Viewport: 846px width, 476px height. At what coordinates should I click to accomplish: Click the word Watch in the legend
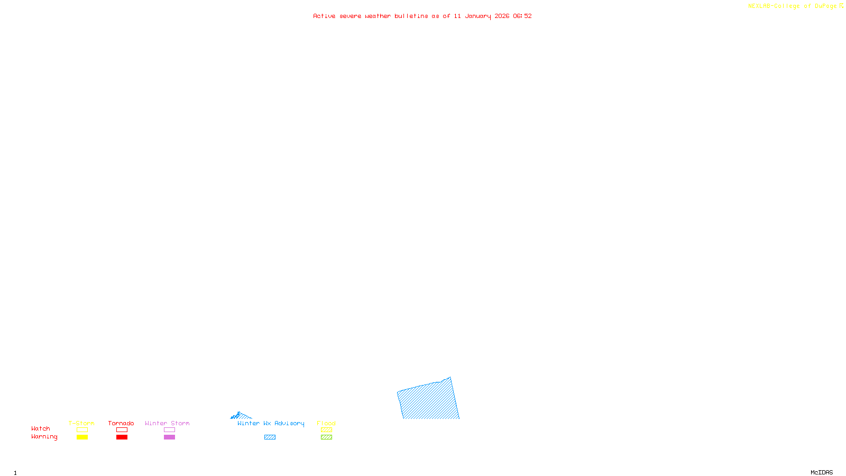pos(41,428)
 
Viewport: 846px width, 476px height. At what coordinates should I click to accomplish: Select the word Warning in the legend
pos(44,437)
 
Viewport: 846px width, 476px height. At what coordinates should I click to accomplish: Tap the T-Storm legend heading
pos(81,423)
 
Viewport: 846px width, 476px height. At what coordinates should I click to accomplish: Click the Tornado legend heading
pos(121,423)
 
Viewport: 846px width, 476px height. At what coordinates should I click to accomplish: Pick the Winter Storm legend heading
pos(167,423)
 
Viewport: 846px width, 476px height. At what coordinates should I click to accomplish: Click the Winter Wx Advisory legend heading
pos(271,423)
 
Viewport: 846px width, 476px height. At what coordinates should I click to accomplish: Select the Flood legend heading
pos(326,423)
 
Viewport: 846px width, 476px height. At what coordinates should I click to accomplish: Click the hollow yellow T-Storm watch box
pos(82,430)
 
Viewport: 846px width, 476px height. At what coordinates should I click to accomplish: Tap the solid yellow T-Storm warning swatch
pos(82,437)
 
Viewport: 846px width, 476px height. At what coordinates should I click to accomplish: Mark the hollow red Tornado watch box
pos(122,430)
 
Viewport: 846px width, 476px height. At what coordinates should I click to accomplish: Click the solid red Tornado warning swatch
pos(122,437)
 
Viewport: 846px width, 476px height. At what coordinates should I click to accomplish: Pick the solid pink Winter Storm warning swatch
pos(169,437)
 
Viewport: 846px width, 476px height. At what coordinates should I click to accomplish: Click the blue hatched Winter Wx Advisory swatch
pos(270,437)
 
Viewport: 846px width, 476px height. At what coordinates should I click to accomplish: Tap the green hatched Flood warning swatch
pos(326,437)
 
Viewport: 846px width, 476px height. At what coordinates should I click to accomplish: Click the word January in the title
pos(478,16)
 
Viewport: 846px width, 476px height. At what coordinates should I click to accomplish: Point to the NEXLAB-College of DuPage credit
pos(795,6)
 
